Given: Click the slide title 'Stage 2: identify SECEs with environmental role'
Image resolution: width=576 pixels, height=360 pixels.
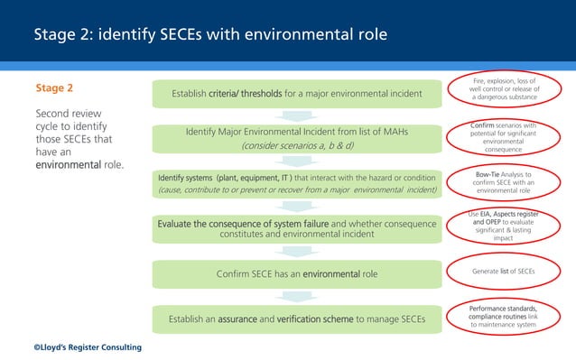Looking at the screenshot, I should [210, 35].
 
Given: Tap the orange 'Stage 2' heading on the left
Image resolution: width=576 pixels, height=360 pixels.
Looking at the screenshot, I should [54, 89].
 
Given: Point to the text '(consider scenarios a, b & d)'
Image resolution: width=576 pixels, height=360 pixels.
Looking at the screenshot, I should [297, 145].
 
